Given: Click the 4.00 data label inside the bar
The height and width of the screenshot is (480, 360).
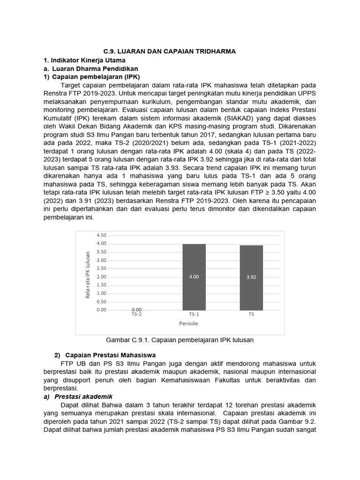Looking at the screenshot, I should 194,277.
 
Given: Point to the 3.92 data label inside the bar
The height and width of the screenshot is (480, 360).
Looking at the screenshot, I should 251,277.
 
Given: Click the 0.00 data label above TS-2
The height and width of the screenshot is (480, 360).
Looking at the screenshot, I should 136,310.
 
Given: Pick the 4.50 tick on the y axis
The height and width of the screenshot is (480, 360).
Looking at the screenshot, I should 101,235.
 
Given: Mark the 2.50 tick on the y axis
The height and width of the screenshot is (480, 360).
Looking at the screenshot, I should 101,269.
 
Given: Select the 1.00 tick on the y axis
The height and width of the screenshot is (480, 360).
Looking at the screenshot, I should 101,293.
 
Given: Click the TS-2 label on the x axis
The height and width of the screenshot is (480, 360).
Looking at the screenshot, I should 136,315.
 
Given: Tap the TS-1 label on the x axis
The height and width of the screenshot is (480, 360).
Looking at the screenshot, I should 194,315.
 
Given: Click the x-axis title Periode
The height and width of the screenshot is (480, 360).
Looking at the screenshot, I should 188,323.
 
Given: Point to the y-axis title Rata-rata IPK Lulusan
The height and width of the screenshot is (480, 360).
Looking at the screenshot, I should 87,275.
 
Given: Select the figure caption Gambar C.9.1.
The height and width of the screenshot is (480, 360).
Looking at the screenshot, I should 180,340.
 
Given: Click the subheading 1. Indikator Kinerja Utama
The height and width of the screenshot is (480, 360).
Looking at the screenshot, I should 84,60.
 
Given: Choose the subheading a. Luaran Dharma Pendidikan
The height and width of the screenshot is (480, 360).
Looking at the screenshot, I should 87,68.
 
